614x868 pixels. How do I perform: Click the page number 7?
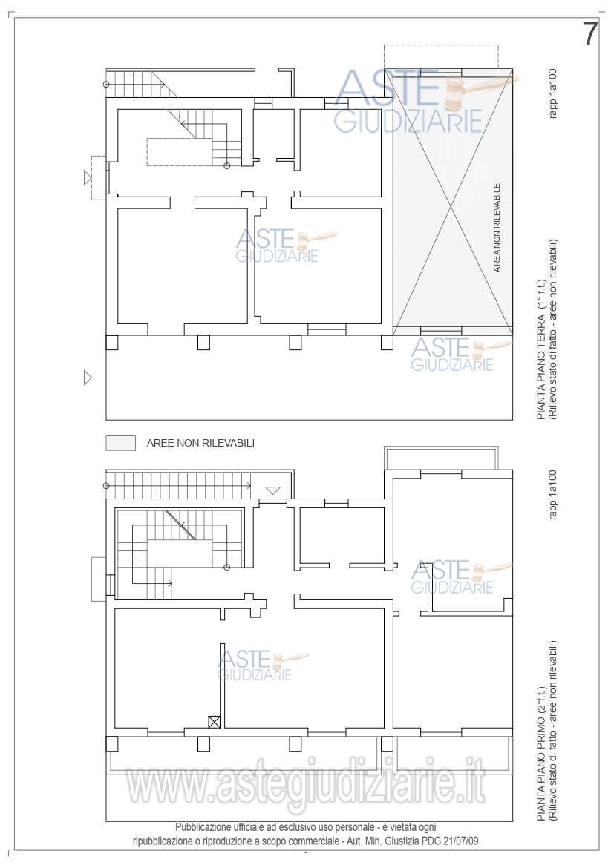coord(590,34)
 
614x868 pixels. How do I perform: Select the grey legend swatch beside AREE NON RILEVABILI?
coord(121,443)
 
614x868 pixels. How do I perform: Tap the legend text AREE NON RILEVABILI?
coord(200,443)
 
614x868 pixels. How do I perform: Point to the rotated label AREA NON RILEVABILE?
coord(497,228)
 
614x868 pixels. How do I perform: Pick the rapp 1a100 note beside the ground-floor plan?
coord(553,93)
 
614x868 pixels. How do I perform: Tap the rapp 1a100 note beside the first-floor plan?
coord(553,495)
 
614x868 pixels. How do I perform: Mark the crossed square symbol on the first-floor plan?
coord(215,722)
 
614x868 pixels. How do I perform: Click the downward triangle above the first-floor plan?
coord(273,490)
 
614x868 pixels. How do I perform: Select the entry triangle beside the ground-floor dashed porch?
coord(87,178)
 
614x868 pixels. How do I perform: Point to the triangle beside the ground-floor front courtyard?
coord(87,378)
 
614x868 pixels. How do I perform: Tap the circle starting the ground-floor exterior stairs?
coord(106,84)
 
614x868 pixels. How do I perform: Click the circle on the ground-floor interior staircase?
coord(226,165)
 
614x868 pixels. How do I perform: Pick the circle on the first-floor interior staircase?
coord(226,567)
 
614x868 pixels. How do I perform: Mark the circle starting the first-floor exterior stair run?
coord(106,486)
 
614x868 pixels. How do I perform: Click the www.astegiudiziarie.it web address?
coord(307,785)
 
